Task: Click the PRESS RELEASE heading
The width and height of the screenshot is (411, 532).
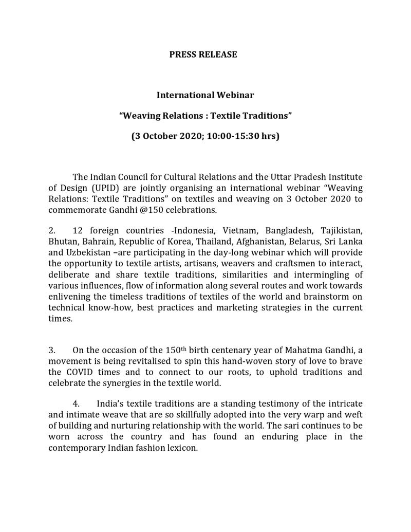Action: click(203, 54)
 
